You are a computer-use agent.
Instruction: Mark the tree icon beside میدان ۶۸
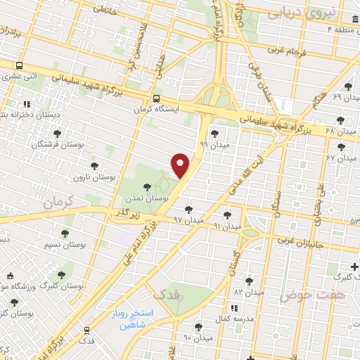pos(341,120)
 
